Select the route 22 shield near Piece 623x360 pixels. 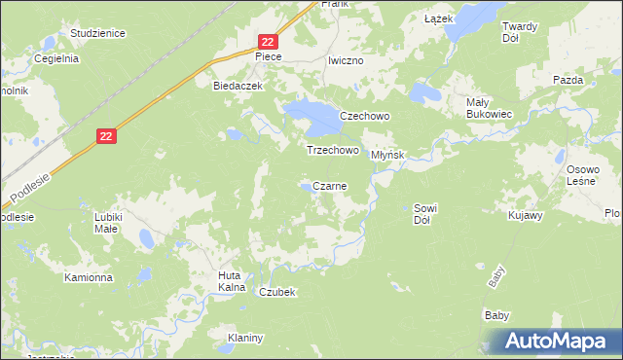point(269,41)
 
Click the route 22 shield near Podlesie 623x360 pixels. point(107,138)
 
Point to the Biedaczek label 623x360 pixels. point(238,86)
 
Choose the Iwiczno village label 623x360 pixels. point(346,60)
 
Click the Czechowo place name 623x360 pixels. point(364,116)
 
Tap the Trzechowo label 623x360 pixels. point(333,151)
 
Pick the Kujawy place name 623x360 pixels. point(525,214)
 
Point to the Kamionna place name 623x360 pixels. point(89,277)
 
